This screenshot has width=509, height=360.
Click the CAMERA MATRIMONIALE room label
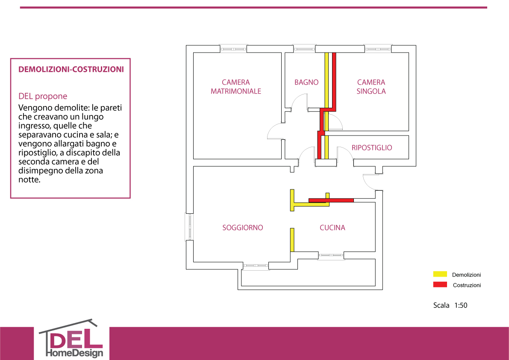(x=236, y=87)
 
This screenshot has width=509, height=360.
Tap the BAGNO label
(x=306, y=83)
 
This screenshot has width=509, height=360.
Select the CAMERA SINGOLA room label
(x=371, y=87)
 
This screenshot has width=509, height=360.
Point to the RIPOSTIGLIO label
(x=372, y=148)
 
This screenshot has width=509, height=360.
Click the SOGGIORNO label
(x=242, y=227)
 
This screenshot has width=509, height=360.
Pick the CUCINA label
(x=332, y=227)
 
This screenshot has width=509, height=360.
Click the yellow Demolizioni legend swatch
(x=440, y=274)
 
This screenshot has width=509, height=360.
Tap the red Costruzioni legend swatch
(x=440, y=285)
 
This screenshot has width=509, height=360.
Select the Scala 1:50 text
(x=450, y=305)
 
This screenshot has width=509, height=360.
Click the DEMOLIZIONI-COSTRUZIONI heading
(x=71, y=69)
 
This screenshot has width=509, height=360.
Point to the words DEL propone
(x=43, y=96)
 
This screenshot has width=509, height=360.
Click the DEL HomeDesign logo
(x=71, y=339)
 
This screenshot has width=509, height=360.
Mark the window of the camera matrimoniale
(x=233, y=49)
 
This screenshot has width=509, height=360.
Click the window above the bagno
(x=304, y=49)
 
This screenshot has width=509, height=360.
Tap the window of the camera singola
(x=378, y=49)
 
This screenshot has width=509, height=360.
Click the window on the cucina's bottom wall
(x=330, y=256)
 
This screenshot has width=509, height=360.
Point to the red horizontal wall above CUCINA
(x=331, y=200)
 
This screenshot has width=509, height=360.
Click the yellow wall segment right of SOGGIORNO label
(x=292, y=240)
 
